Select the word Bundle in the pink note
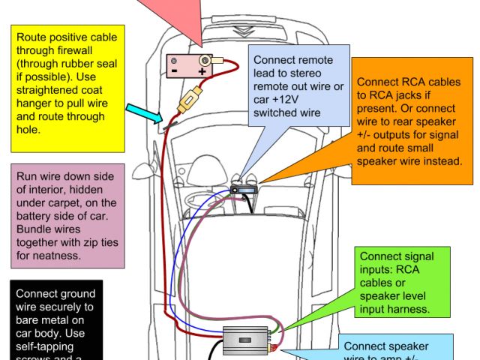pyautogui.click(x=34, y=231)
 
